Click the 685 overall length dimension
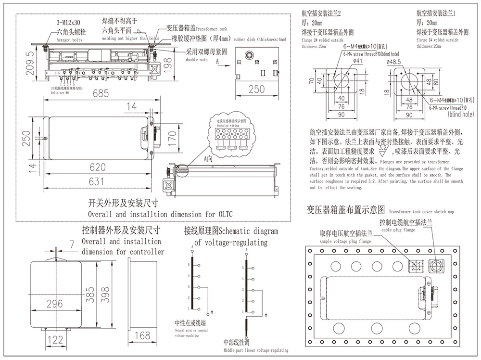tap(101, 93)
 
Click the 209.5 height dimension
tap(30, 64)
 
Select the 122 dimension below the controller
tap(56, 340)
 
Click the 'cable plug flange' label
tap(398, 230)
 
